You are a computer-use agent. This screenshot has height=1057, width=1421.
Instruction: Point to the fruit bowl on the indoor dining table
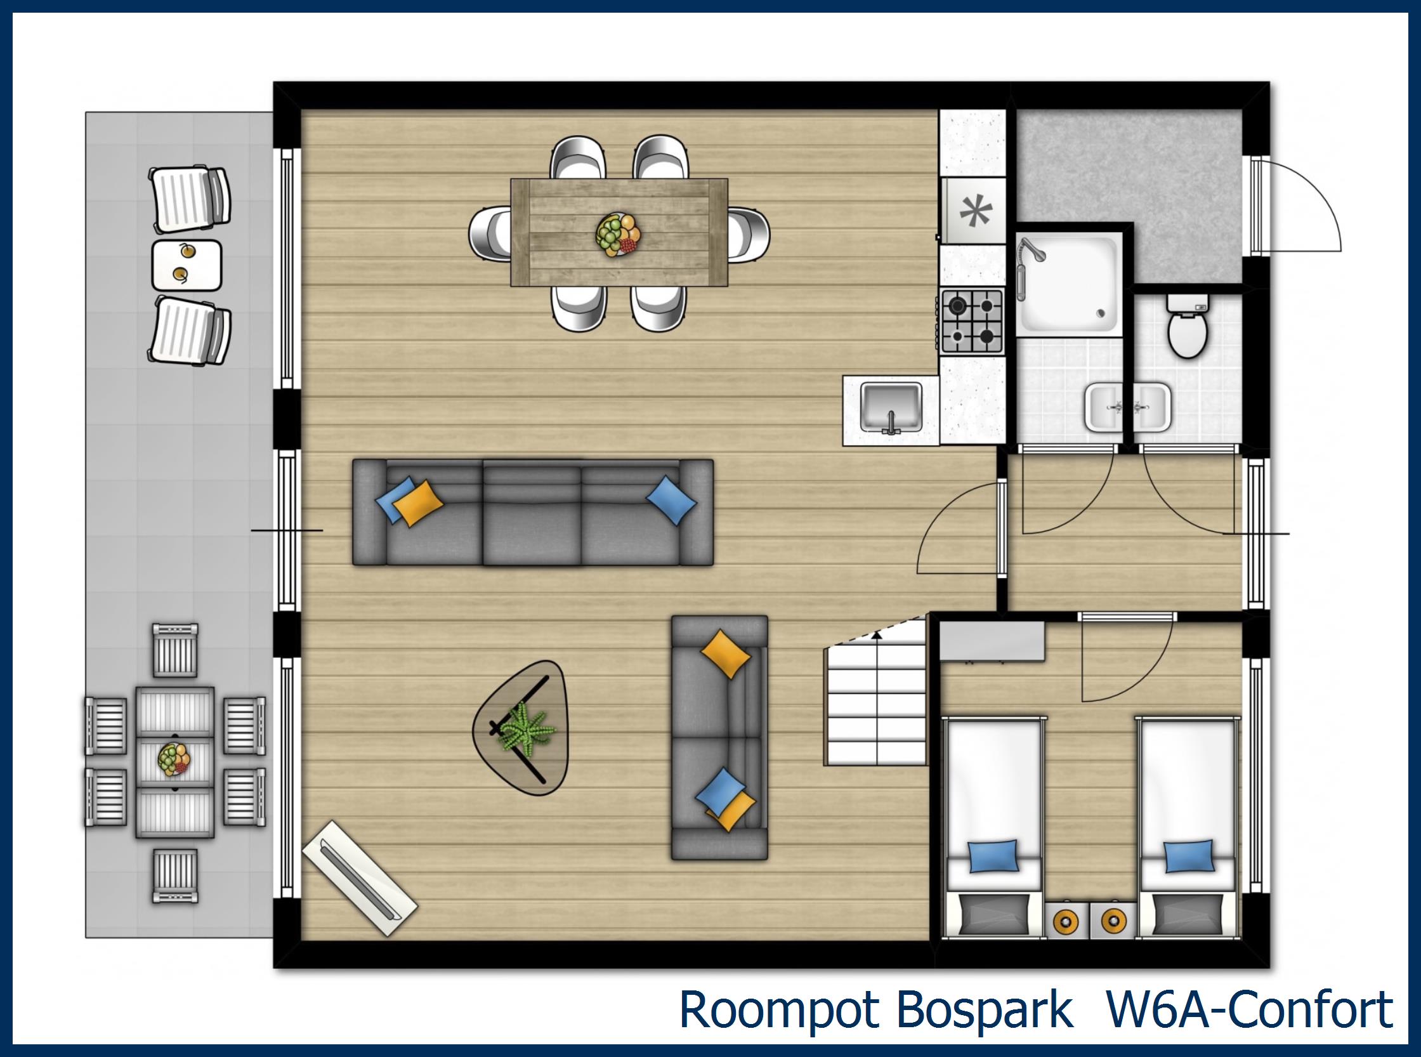[x=618, y=235]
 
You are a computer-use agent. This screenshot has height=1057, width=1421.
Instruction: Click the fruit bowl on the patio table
[x=174, y=759]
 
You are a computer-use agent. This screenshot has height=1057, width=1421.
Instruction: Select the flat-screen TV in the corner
[x=360, y=879]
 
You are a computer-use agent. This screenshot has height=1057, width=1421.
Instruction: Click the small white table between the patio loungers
[x=187, y=264]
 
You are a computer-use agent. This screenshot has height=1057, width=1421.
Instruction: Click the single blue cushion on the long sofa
[x=671, y=500]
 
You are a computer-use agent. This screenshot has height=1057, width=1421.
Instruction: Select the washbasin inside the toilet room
[x=1154, y=406]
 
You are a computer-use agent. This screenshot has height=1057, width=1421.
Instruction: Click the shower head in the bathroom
[x=1031, y=249]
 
